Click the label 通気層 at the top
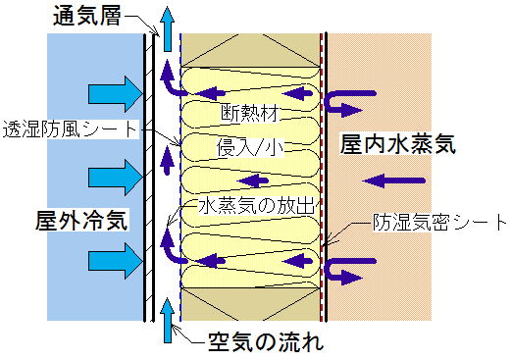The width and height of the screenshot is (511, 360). [x=86, y=17]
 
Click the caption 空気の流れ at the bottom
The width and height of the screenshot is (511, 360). [x=265, y=343]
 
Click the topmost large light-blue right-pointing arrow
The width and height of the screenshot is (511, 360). [x=114, y=95]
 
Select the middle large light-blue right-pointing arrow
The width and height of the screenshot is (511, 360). [x=114, y=177]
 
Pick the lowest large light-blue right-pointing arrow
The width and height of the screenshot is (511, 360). [x=114, y=262]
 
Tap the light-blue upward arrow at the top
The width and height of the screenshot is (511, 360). [x=171, y=25]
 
